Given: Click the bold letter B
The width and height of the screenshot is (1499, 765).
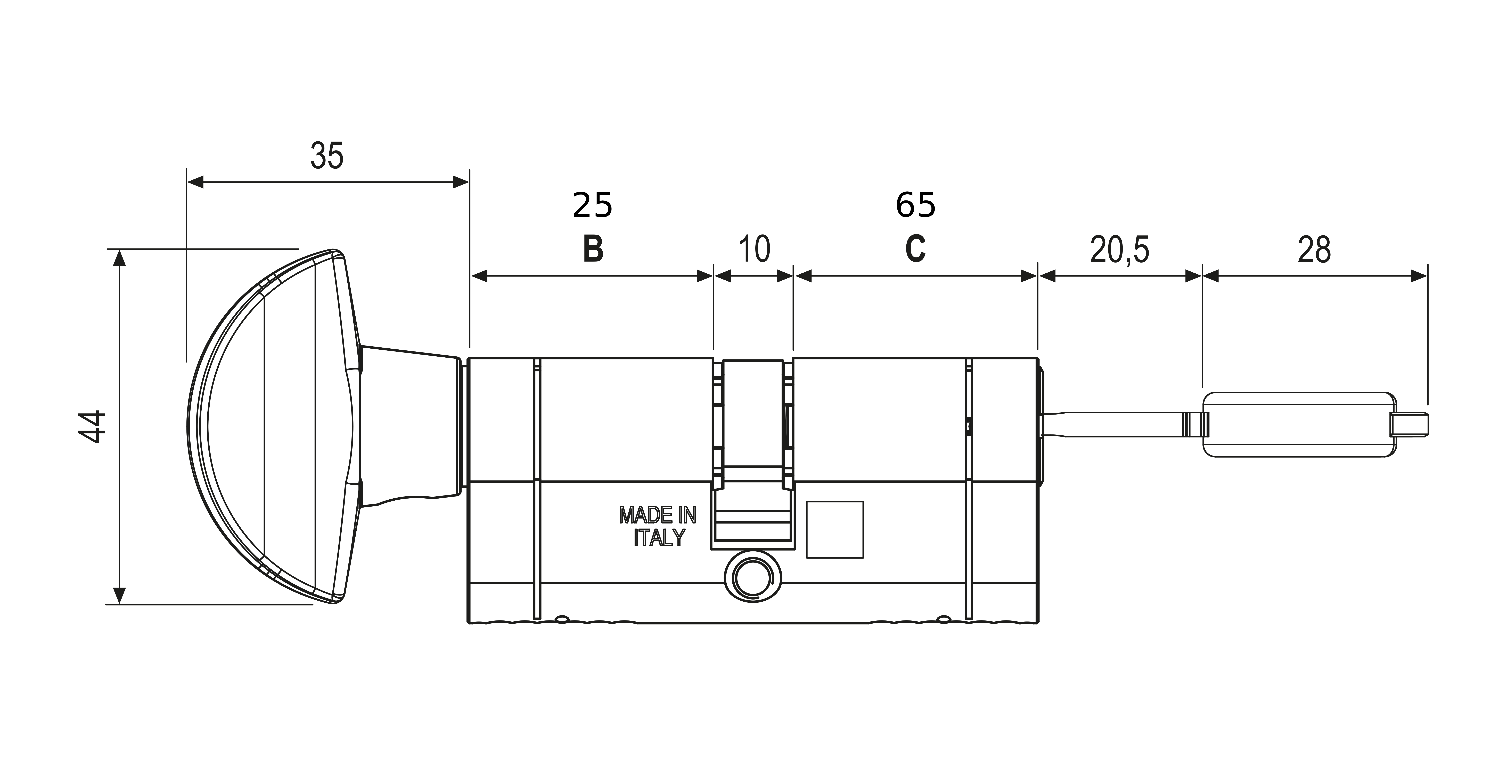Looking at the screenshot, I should pos(593,249).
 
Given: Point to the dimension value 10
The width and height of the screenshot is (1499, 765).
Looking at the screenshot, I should pos(754,249).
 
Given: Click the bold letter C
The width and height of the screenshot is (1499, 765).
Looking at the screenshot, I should pos(915,249).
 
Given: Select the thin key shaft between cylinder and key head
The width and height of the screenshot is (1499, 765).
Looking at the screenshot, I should pos(1141,425).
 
